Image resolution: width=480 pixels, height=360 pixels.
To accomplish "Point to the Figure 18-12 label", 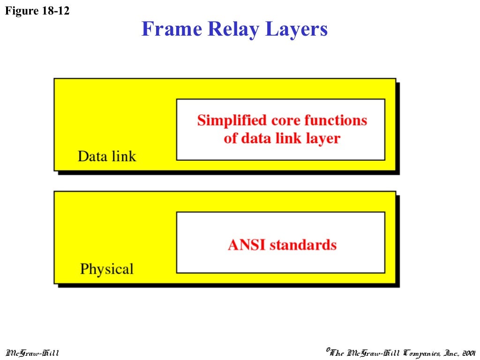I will pos(37,11).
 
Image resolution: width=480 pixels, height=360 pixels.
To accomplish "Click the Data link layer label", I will pos(107,156).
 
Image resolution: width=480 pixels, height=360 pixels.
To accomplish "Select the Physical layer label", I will pos(107,269).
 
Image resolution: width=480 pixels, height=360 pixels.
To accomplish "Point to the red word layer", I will pos(323,139).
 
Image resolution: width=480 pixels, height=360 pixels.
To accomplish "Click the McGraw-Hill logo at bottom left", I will pos(32,352).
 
